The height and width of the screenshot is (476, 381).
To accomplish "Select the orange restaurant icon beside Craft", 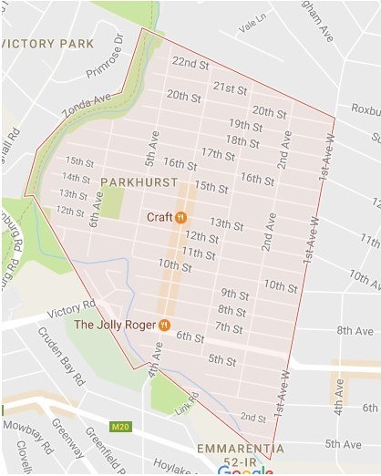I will (x=180, y=217).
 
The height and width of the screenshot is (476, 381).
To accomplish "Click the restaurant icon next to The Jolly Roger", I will (x=165, y=324).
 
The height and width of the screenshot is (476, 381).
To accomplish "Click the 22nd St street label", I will (x=190, y=63).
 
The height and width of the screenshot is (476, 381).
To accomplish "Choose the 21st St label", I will (x=230, y=88).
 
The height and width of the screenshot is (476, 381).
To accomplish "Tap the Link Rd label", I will (x=189, y=404).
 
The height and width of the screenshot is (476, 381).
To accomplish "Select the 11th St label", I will (x=198, y=252).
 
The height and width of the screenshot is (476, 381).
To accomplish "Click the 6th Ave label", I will (x=94, y=214).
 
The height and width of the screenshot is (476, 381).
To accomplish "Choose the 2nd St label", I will (x=252, y=417).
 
